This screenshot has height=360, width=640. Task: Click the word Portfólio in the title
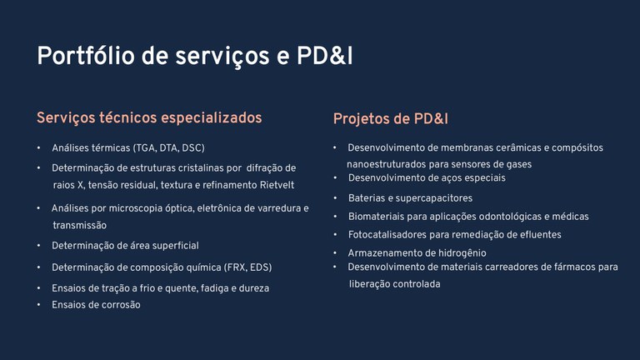[x=86, y=56]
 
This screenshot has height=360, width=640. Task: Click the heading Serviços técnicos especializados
[x=149, y=118]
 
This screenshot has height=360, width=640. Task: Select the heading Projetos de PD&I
[x=391, y=119]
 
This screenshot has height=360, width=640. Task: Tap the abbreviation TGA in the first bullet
[x=145, y=148]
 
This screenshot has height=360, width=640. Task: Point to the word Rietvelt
[x=277, y=185]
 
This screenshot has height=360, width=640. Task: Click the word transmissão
[x=80, y=225]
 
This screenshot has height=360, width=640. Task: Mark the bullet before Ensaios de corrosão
[x=39, y=305]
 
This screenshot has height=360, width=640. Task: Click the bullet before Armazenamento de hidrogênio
[x=335, y=253]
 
